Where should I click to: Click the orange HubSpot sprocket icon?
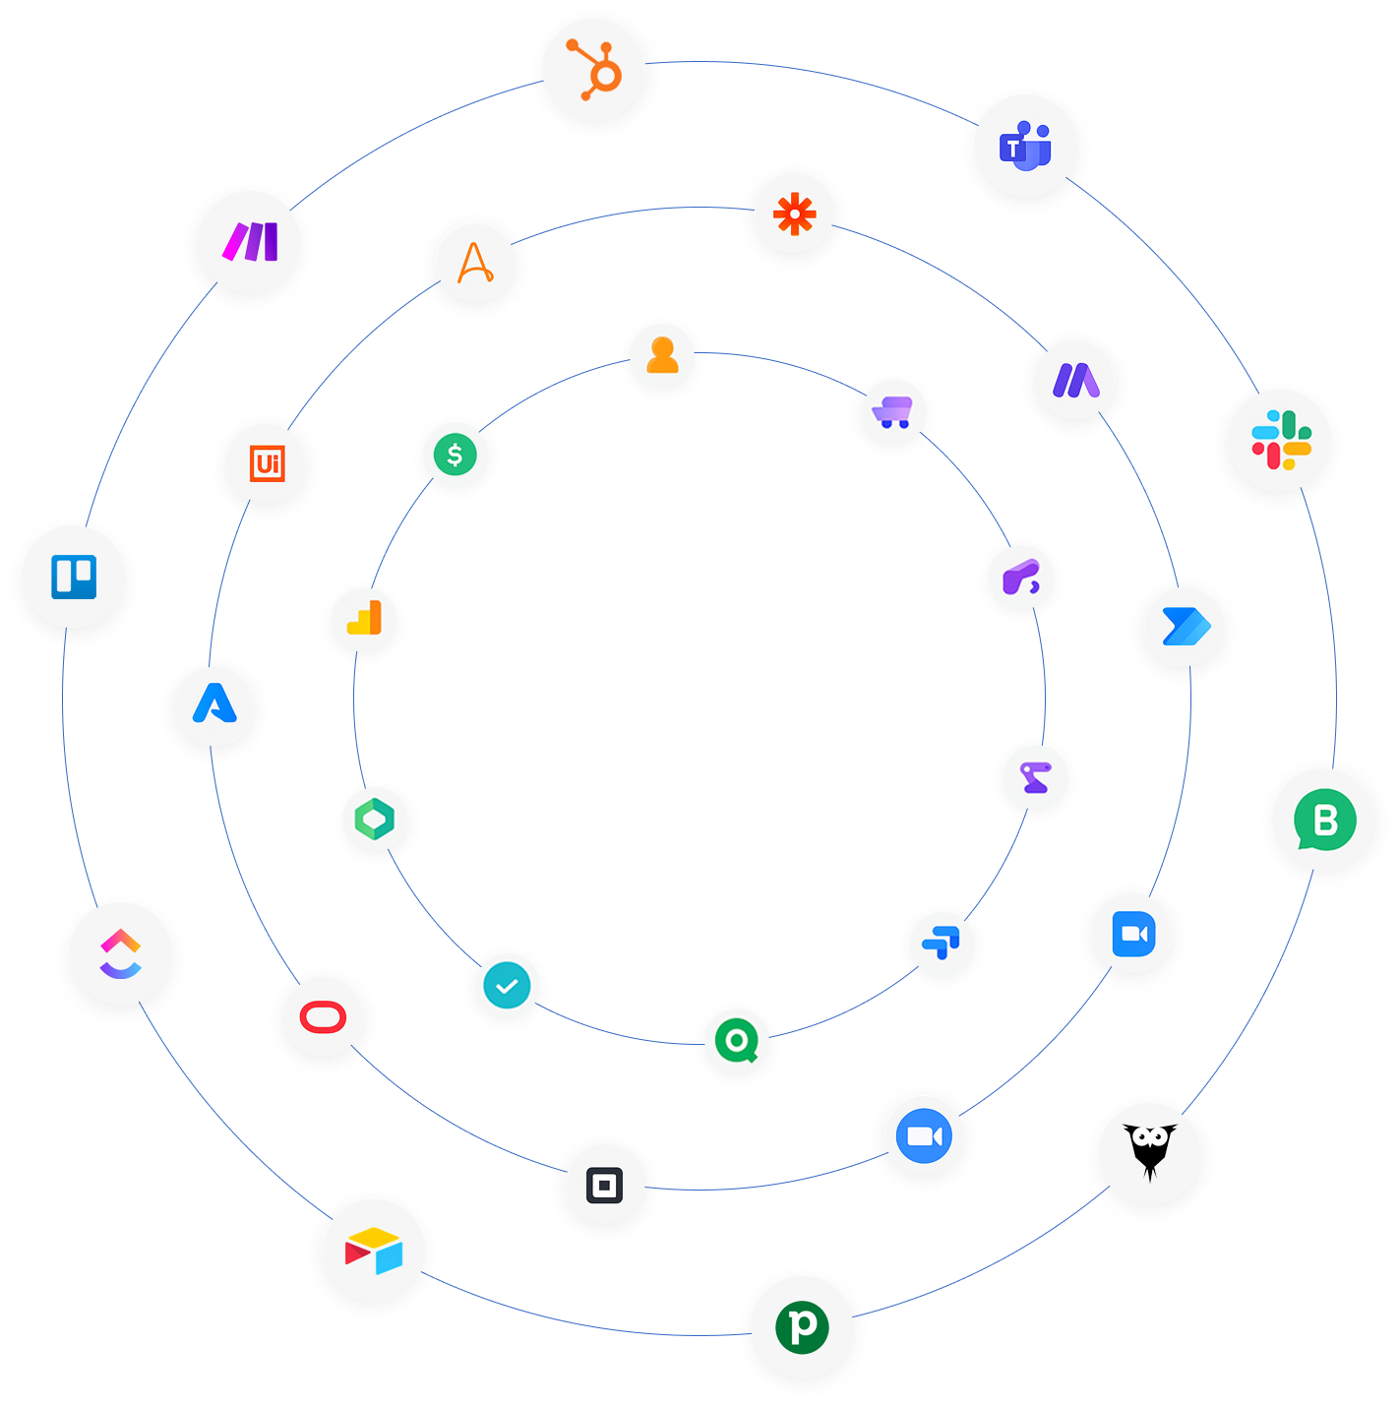click(x=594, y=71)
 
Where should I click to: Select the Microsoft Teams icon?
click(x=1025, y=146)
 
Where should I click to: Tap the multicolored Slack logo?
click(x=1280, y=440)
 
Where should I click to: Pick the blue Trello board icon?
click(x=74, y=577)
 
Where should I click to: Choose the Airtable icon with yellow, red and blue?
click(x=374, y=1251)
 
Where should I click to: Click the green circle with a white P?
click(x=803, y=1326)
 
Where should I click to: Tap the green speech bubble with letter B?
click(x=1323, y=820)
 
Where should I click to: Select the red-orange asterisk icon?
click(x=794, y=214)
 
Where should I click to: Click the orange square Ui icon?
click(x=267, y=462)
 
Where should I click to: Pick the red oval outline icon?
click(x=323, y=1016)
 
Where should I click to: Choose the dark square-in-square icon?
click(x=604, y=1185)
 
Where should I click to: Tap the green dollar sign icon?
click(x=455, y=455)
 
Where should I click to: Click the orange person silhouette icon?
click(x=662, y=355)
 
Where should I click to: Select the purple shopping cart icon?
click(x=893, y=412)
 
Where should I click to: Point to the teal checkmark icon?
click(x=507, y=986)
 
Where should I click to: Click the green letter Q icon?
click(x=736, y=1040)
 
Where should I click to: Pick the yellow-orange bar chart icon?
click(x=364, y=620)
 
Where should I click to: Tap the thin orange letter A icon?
click(x=475, y=263)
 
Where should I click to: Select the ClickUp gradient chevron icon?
click(x=120, y=953)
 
